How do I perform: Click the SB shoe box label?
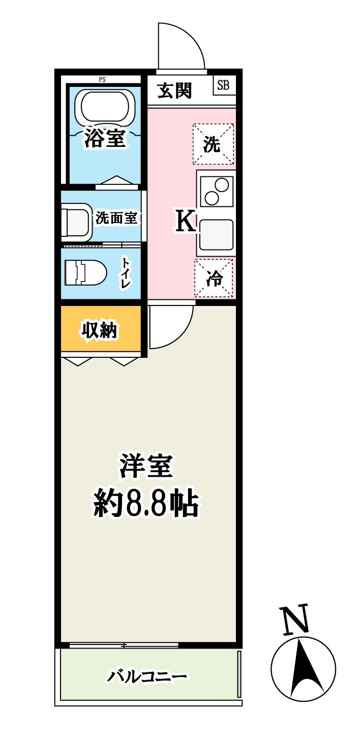click(223, 85)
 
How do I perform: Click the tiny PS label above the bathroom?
click(102, 79)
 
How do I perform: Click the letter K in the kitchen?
click(186, 222)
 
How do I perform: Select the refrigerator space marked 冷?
click(214, 278)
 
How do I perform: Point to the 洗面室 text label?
click(116, 219)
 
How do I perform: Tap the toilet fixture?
click(85, 273)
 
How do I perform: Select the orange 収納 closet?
click(100, 330)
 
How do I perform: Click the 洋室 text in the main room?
click(146, 466)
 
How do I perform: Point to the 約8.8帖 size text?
click(145, 503)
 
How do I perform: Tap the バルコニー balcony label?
click(147, 676)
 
